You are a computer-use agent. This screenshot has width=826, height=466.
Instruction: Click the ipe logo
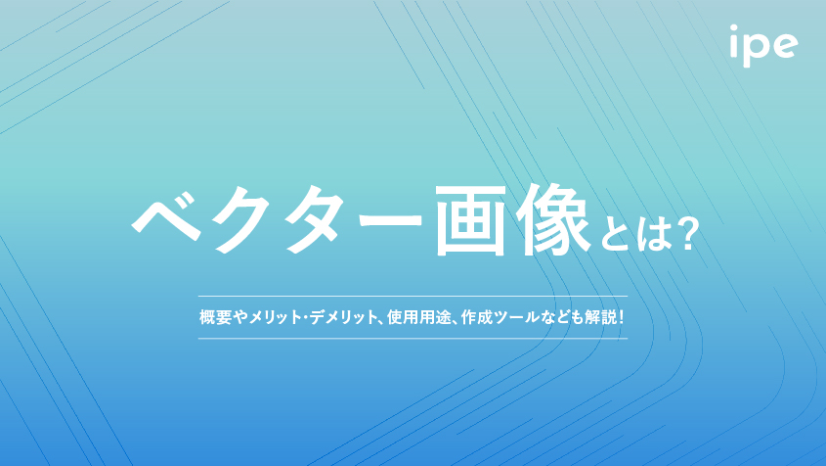(763, 46)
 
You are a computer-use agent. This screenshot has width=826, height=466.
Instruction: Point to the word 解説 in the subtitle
(600, 317)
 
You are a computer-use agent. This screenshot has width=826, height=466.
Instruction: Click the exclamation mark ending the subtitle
(621, 317)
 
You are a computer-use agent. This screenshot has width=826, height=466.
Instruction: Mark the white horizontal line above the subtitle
(413, 296)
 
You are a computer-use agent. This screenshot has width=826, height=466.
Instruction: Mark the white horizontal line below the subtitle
(413, 339)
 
